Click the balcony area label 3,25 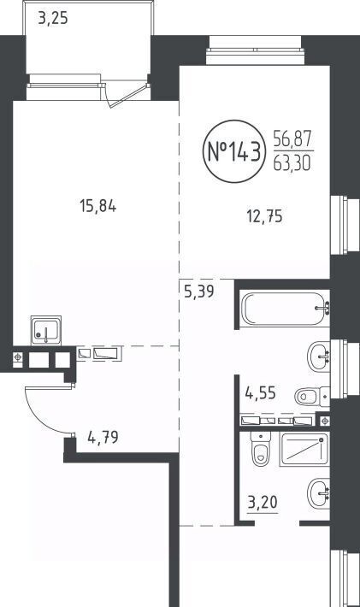53,18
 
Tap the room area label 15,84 98,206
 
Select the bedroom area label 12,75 265,216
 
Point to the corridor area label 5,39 199,292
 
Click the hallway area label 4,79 103,438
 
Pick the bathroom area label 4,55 261,393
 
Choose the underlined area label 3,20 263,503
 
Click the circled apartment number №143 234,152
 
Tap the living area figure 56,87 292,139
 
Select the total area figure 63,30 292,163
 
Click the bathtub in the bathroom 286,309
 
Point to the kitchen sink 46,330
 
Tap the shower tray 304,449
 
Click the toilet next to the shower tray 260,448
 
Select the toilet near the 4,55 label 312,396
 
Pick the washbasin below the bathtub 319,357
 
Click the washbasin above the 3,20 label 319,493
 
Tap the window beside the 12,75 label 339,225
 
